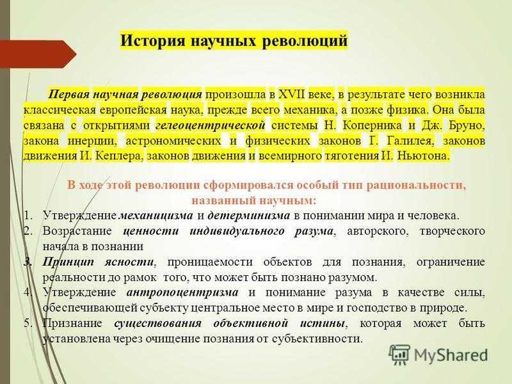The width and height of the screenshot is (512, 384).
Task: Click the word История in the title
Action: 152,41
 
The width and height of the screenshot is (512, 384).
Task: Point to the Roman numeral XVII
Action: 292,94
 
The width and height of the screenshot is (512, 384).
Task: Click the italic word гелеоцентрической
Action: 211,125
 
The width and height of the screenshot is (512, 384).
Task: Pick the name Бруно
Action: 467,125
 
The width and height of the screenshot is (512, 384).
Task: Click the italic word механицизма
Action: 156,216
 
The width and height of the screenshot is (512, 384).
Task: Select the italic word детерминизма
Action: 249,216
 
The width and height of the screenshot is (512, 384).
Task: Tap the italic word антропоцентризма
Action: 182,292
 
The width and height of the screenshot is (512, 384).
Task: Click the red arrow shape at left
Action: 38,54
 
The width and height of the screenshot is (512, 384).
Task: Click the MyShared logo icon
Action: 399,355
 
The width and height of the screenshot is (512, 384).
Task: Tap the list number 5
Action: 28,323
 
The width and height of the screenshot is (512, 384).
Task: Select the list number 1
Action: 28,216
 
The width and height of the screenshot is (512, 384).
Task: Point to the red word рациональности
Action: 415,186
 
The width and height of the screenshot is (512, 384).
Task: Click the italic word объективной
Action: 251,323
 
